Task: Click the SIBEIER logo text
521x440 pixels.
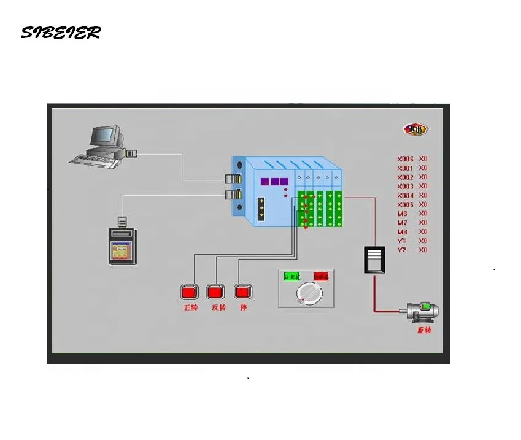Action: tap(60, 33)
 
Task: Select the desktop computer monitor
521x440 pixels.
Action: tap(105, 136)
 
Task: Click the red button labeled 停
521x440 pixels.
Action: tap(244, 291)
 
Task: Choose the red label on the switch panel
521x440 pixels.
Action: tap(320, 277)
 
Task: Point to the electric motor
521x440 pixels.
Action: tap(421, 312)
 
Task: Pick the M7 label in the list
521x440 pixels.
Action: tap(403, 222)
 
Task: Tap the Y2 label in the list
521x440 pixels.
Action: tap(402, 250)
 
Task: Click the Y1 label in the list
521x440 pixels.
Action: tap(402, 241)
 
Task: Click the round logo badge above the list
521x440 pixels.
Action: tap(415, 129)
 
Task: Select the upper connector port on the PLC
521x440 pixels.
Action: tap(234, 179)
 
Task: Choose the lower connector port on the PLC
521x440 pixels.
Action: tap(234, 195)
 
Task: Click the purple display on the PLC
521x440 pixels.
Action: tap(274, 182)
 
